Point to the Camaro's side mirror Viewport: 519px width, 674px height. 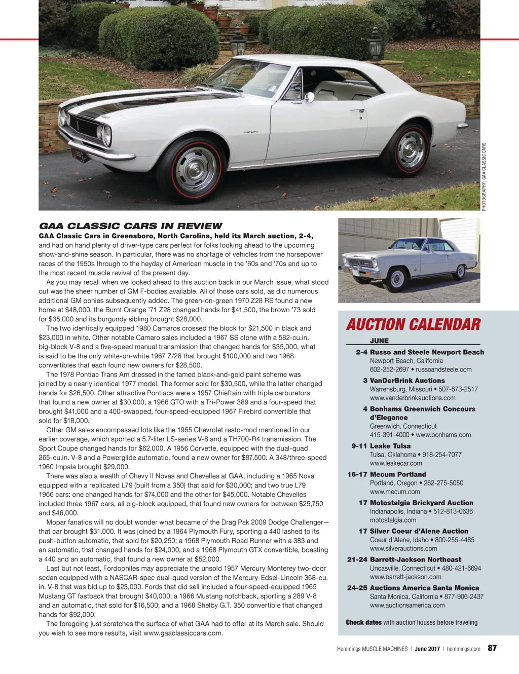[x=309, y=97]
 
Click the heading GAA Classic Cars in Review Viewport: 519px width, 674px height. [x=131, y=226]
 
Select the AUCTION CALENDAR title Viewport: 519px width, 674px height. [x=413, y=325]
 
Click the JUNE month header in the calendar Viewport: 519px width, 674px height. [x=379, y=341]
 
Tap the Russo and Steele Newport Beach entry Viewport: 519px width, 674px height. [x=427, y=352]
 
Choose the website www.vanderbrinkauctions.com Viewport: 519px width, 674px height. [x=413, y=398]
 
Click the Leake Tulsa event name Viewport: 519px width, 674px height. [x=390, y=446]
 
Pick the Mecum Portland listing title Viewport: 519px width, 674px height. [x=398, y=474]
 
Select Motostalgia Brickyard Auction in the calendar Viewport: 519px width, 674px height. [x=421, y=503]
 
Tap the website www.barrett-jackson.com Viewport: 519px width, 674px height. [x=405, y=577]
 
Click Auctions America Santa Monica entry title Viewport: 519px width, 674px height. [x=424, y=588]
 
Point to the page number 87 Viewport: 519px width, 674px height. [x=492, y=648]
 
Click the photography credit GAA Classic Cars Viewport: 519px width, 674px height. [x=484, y=177]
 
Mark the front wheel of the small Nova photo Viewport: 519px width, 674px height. [x=397, y=278]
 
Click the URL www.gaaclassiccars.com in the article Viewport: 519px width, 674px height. [x=183, y=633]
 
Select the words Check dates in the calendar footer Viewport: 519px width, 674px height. [x=363, y=622]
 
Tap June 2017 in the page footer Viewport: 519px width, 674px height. [x=427, y=649]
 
